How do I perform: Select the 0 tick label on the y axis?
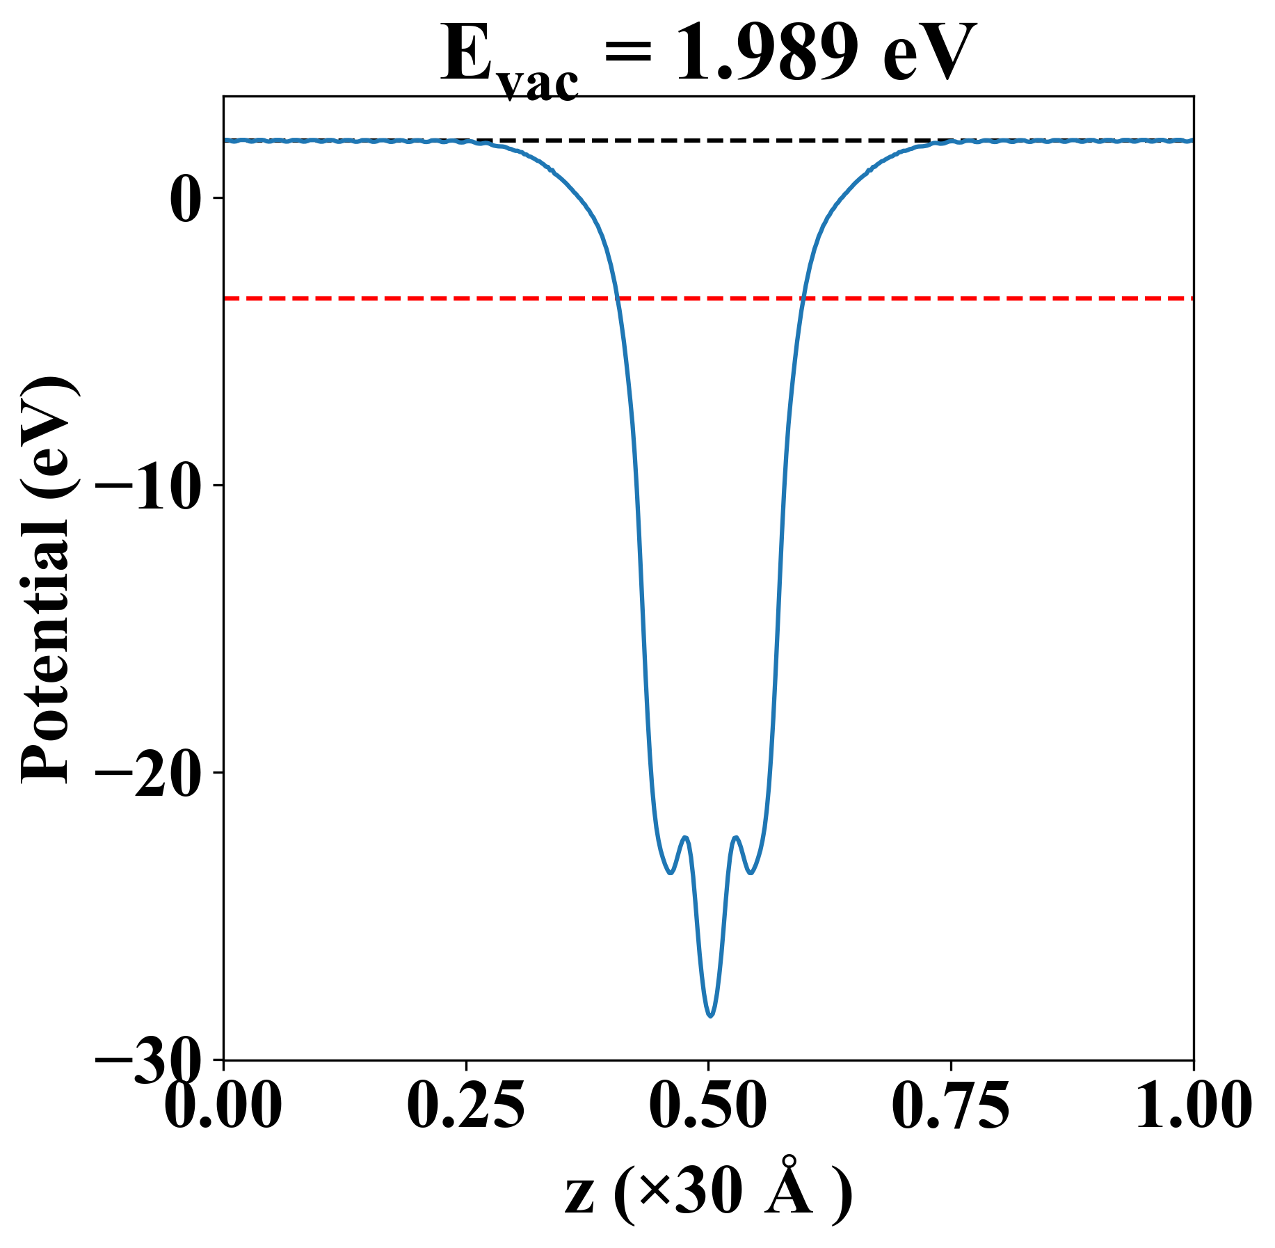(186, 200)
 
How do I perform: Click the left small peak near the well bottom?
(686, 838)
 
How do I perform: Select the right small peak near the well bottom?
(735, 838)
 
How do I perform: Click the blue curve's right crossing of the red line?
(803, 298)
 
